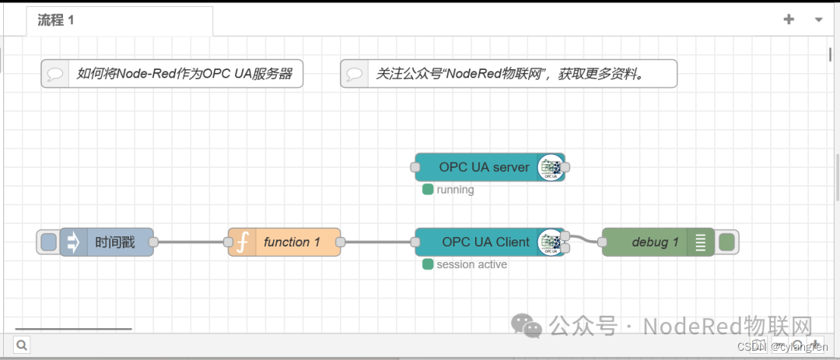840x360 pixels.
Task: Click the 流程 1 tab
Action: coord(56,21)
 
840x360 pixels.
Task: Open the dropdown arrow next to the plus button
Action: coord(818,20)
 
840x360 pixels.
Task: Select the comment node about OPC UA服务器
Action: coord(172,74)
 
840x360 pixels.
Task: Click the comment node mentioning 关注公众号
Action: coord(509,74)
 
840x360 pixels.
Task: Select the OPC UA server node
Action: coord(484,167)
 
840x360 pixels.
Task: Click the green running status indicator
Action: coord(428,190)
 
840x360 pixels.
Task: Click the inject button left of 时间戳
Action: coord(48,243)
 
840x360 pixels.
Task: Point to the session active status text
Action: coord(471,265)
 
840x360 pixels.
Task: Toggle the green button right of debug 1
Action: coord(727,243)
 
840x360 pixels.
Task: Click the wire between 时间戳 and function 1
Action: coord(191,243)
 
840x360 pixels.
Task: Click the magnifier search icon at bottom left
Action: coord(21,344)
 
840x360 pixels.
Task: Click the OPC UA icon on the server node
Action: coord(551,167)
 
